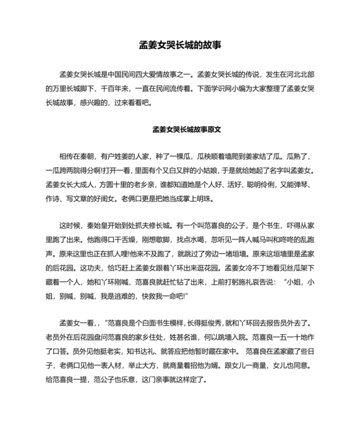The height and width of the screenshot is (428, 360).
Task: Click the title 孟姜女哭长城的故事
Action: (180, 46)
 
